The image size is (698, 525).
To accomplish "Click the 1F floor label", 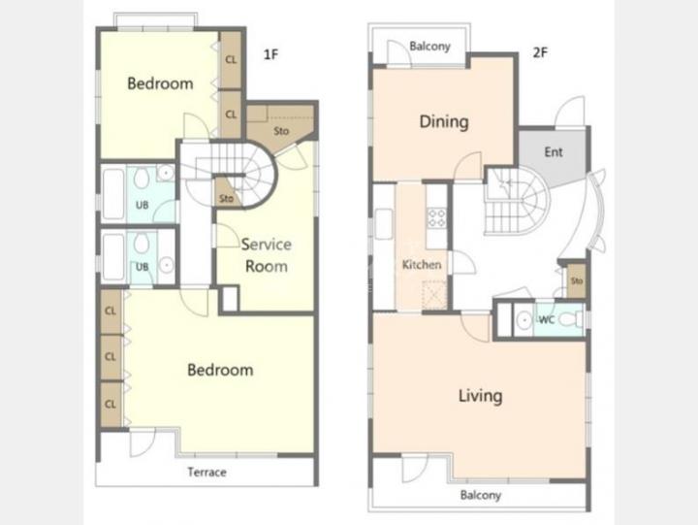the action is [270, 54].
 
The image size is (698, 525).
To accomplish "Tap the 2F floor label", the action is [540, 52].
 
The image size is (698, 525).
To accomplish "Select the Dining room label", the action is [444, 121].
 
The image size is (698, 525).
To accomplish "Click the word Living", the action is [480, 396].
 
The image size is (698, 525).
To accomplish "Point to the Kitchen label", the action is [422, 265].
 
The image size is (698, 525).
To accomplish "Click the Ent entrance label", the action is [554, 152].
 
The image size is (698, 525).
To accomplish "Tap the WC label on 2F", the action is [546, 319].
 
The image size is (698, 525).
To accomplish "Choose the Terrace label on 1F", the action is [207, 472].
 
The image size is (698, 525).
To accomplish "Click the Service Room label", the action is [267, 255].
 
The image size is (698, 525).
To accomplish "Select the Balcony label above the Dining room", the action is [429, 47].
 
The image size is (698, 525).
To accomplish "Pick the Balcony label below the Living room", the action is [480, 495].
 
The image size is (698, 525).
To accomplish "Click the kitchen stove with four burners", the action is [436, 218].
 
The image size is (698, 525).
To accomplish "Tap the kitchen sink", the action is [384, 224].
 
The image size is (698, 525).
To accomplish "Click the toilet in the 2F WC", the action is [570, 319].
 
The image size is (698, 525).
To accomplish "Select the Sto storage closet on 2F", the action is [577, 281].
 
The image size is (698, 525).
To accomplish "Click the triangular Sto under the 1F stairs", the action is [226, 194].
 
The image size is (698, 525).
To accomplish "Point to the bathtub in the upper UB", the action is [113, 194].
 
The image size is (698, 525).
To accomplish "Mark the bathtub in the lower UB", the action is [113, 257].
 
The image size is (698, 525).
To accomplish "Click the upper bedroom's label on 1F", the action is [160, 83].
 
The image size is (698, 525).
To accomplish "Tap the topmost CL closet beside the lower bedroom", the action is [111, 312].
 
